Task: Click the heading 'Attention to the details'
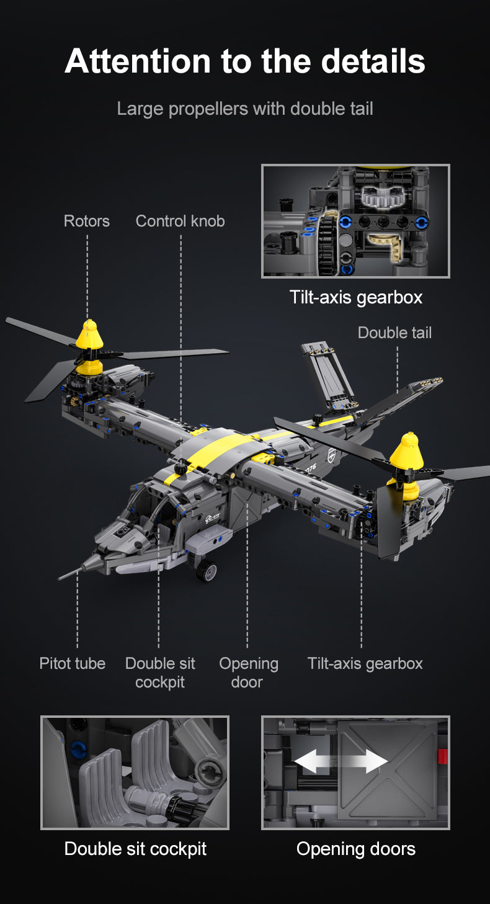pyautogui.click(x=245, y=61)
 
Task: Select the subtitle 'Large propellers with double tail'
pyautogui.click(x=245, y=109)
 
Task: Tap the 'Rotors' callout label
pyautogui.click(x=87, y=221)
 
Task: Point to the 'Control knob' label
pyautogui.click(x=180, y=221)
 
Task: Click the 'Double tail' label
pyautogui.click(x=394, y=333)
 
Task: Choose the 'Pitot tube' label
pyautogui.click(x=73, y=663)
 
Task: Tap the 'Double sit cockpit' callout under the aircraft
pyautogui.click(x=160, y=673)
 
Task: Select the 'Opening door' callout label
pyautogui.click(x=248, y=673)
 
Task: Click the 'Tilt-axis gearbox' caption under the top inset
pyautogui.click(x=355, y=297)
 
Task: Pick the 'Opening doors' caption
pyautogui.click(x=355, y=849)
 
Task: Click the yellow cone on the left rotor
pyautogui.click(x=89, y=336)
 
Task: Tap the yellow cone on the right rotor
pyautogui.click(x=408, y=452)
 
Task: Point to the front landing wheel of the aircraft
pyautogui.click(x=207, y=570)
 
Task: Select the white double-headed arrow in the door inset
pyautogui.click(x=341, y=761)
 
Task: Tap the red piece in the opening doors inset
pyautogui.click(x=442, y=756)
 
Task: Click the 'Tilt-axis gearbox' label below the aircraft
pyautogui.click(x=365, y=663)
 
